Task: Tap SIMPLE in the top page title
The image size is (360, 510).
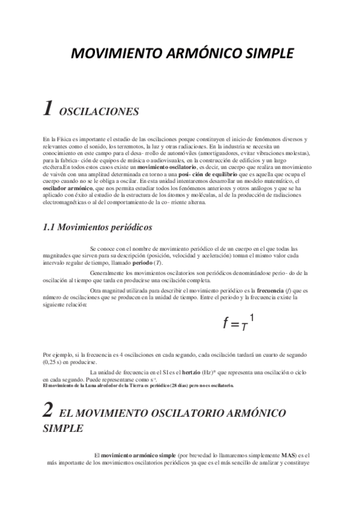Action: [x=263, y=54]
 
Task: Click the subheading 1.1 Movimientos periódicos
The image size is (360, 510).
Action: [x=97, y=211]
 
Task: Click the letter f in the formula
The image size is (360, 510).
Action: [x=226, y=324]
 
